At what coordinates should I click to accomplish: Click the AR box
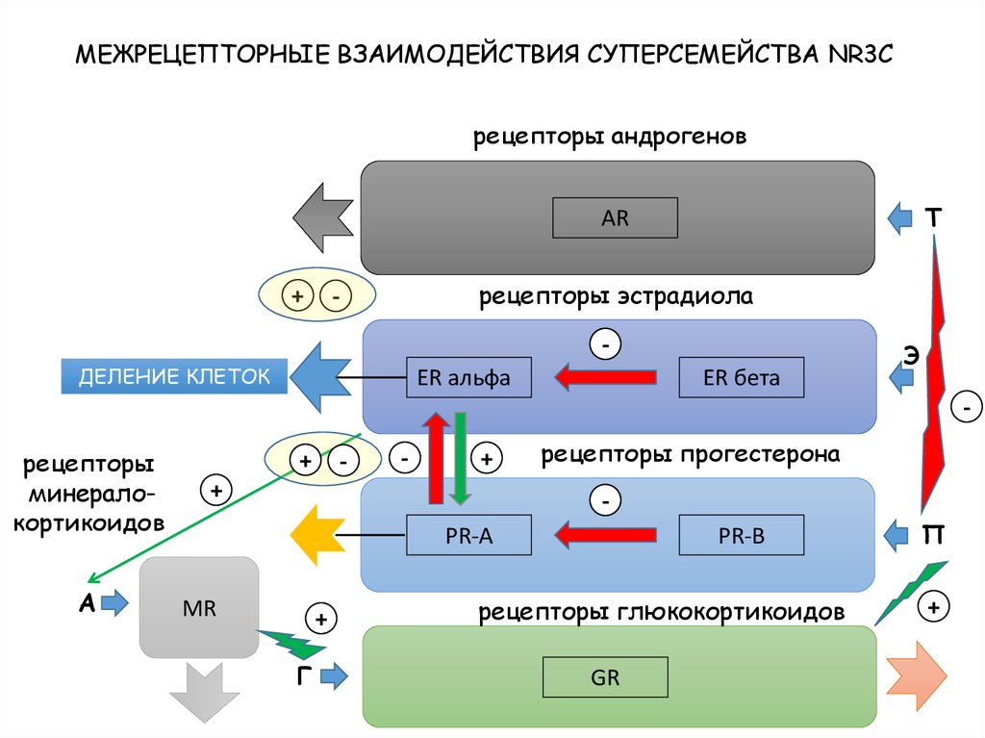[615, 218]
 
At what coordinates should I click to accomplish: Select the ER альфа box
[470, 378]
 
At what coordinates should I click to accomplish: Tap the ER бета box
[742, 378]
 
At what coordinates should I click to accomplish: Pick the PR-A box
[468, 536]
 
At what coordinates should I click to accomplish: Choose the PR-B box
[741, 536]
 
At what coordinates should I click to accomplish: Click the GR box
[605, 677]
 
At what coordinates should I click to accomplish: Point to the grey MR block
[199, 608]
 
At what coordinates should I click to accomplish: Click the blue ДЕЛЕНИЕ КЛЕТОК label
[174, 375]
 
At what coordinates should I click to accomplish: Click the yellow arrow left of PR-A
[315, 536]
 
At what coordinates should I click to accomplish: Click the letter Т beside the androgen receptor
[933, 218]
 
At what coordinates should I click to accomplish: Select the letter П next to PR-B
[933, 534]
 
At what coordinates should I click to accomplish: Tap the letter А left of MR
[87, 604]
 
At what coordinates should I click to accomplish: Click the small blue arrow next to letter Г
[333, 677]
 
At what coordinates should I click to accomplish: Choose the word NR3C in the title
[859, 54]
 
